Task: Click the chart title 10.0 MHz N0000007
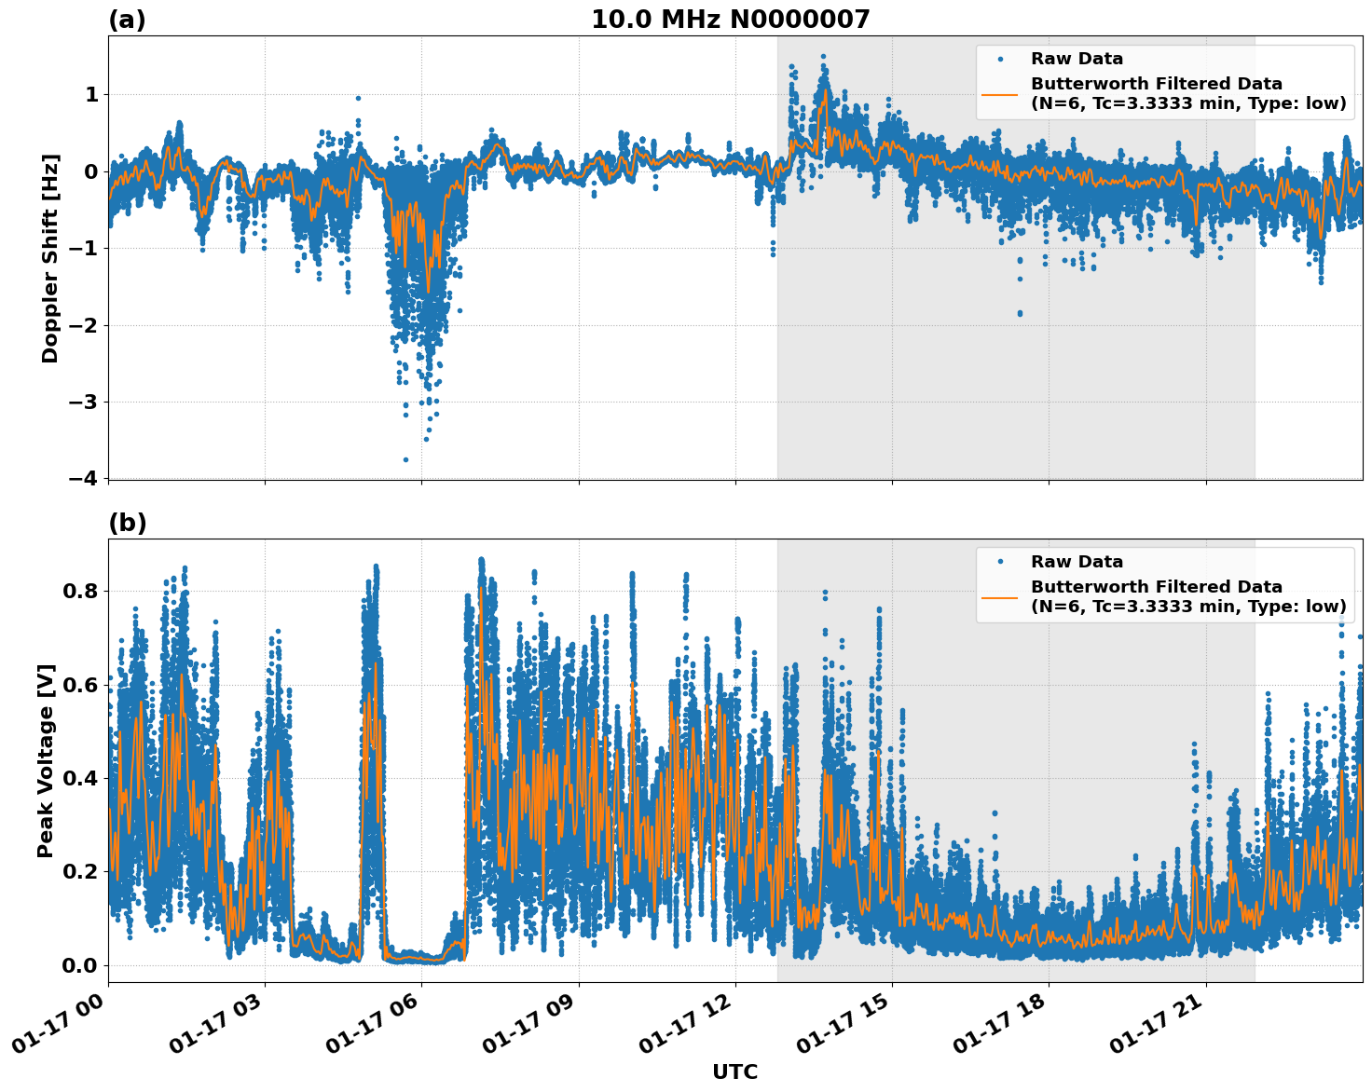(730, 20)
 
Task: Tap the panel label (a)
(127, 20)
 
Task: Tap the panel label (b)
(127, 523)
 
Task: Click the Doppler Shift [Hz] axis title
(50, 258)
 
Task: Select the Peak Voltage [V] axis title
(46, 760)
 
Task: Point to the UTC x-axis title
(734, 1072)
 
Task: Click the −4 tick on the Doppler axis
(84, 479)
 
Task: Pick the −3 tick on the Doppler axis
(84, 403)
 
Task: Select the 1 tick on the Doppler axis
(91, 95)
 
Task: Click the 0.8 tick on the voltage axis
(80, 592)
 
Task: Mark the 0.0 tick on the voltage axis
(80, 965)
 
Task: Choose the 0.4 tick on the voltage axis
(80, 778)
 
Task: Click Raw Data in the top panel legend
(1077, 59)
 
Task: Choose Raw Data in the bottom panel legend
(1077, 562)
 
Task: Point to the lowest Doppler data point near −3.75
(405, 459)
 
